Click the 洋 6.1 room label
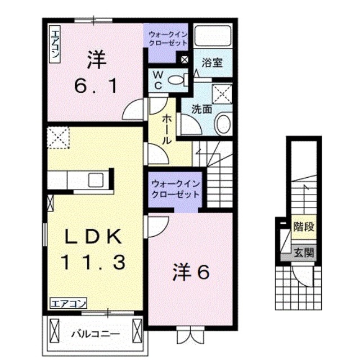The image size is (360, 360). pos(96,73)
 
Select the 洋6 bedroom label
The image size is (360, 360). pos(191,273)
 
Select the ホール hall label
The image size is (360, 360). pos(167,130)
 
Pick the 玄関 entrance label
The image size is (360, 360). pos(303,253)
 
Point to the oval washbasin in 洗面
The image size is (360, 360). pos(224,123)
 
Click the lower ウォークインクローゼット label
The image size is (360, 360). pos(175,189)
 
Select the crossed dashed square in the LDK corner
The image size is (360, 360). pos(58,137)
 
